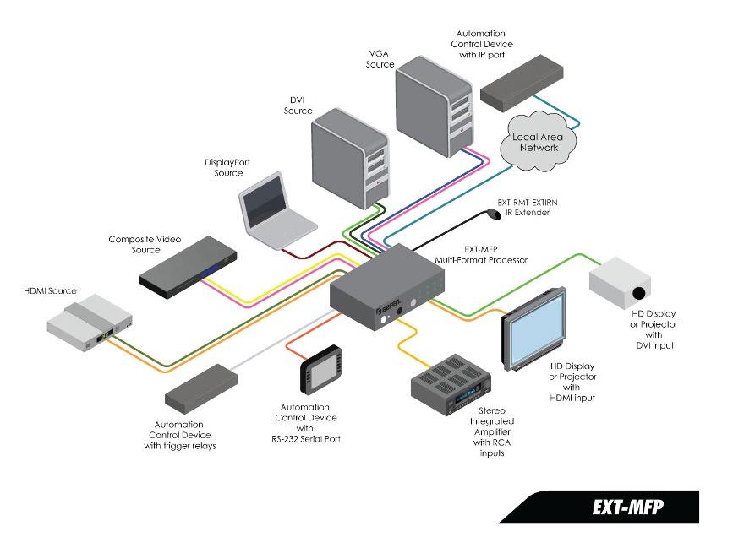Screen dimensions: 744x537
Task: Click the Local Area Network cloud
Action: [538, 142]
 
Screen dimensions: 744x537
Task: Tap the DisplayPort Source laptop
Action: [276, 211]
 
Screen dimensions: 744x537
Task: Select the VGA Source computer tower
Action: [435, 106]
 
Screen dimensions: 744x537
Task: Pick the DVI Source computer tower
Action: [350, 158]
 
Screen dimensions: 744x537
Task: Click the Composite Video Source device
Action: [188, 268]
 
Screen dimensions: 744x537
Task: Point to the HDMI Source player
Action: [90, 323]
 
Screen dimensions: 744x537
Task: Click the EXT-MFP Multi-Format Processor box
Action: [386, 287]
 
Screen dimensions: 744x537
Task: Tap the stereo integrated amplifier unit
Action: [451, 385]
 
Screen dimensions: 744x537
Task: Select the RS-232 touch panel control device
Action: [321, 370]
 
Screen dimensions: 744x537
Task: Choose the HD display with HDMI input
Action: [534, 329]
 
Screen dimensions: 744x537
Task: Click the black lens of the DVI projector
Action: [639, 293]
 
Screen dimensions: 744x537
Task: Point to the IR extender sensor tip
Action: [494, 214]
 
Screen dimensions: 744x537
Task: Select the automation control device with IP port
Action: [522, 83]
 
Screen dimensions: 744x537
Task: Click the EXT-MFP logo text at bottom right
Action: [627, 507]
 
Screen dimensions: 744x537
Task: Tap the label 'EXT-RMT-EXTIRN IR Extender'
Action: [528, 207]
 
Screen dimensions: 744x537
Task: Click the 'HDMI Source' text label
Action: [50, 290]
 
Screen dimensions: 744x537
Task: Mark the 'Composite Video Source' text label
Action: [145, 244]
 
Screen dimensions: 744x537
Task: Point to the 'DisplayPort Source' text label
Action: [227, 167]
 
